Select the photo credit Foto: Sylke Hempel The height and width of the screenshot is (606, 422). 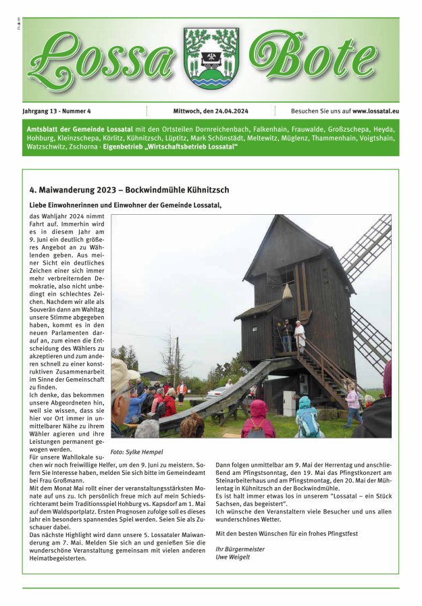[137, 452]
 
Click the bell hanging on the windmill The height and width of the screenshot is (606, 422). [286, 292]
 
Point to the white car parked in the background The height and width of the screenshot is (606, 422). [217, 392]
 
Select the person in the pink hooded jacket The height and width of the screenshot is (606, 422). [259, 419]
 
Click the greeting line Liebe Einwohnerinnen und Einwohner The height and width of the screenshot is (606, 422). [125, 205]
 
